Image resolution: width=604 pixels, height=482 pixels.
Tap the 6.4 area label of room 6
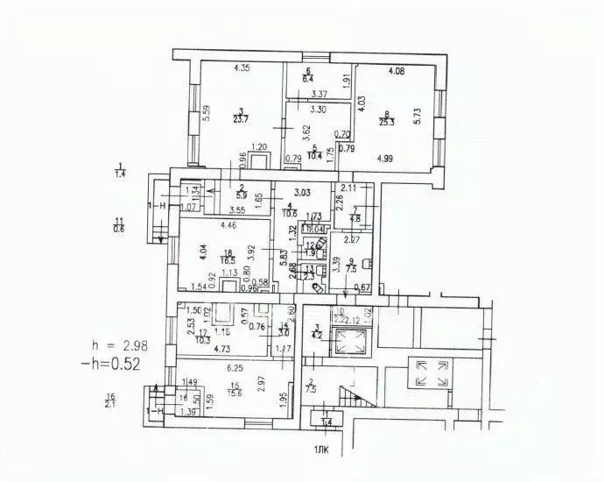click(308, 80)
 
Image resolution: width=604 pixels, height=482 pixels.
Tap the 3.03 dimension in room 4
click(303, 192)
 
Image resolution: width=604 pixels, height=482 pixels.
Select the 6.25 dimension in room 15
click(235, 369)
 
